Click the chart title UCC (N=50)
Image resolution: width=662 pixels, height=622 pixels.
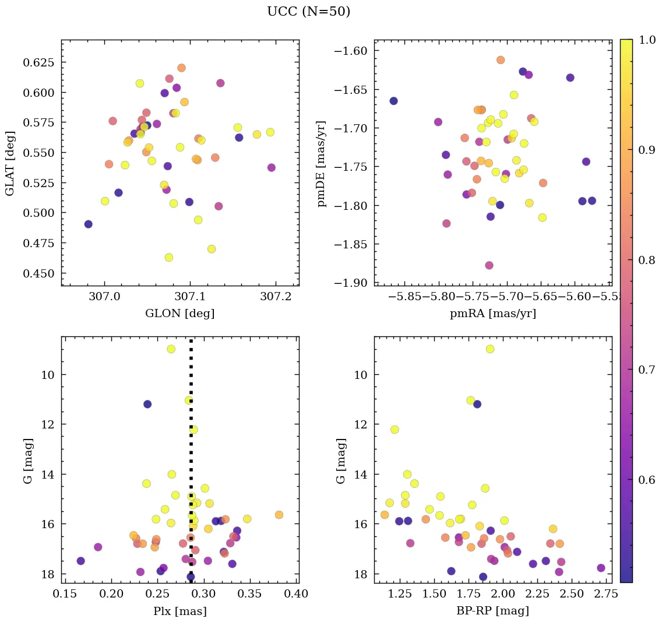pos(308,12)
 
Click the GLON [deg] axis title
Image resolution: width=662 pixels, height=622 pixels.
pos(179,314)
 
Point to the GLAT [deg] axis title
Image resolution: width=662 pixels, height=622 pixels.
pos(10,163)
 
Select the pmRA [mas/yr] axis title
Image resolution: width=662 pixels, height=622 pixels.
pos(492,314)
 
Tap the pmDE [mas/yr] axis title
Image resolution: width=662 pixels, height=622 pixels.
pos(321,163)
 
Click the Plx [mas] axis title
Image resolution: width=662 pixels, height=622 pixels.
pos(179,611)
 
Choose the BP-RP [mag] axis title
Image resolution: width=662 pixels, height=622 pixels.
pos(492,611)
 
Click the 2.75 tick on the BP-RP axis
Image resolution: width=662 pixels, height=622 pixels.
pos(600,594)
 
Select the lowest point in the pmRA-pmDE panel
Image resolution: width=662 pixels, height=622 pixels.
pos(489,265)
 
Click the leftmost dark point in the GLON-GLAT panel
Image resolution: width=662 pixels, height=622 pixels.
pos(88,224)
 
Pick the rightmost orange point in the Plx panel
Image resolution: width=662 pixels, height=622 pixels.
pos(279,515)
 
